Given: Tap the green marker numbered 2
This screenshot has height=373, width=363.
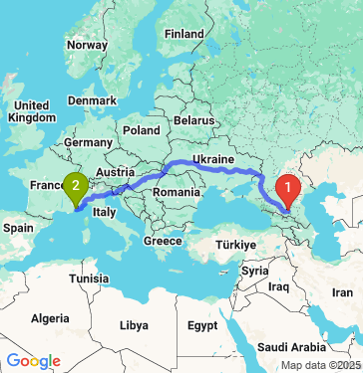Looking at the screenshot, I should click(74, 185).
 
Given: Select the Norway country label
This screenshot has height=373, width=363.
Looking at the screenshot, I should click(87, 45).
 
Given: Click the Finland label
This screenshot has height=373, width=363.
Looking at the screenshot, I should click(183, 33).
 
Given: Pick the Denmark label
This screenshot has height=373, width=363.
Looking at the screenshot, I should click(92, 99).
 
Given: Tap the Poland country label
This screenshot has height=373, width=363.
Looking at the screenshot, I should click(142, 130).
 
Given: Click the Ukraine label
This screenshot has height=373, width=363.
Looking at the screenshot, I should click(212, 159).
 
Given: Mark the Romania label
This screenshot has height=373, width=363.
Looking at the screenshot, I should click(178, 190).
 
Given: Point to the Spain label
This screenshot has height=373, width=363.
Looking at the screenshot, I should click(19, 227).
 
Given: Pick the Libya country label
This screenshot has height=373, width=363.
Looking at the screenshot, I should click(133, 325).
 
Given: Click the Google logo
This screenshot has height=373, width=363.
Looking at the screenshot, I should click(34, 361).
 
